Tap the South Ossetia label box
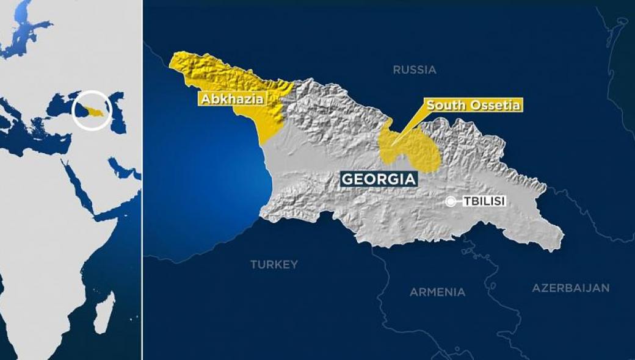click(x=473, y=105)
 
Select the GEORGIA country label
click(x=379, y=179)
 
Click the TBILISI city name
click(x=484, y=201)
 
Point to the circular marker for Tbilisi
click(x=451, y=201)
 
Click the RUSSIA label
click(x=415, y=70)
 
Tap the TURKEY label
click(x=274, y=264)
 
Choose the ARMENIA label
click(x=437, y=292)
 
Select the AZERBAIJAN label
click(x=570, y=287)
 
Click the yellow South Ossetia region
click(x=415, y=149)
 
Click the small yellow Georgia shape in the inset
click(x=93, y=111)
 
